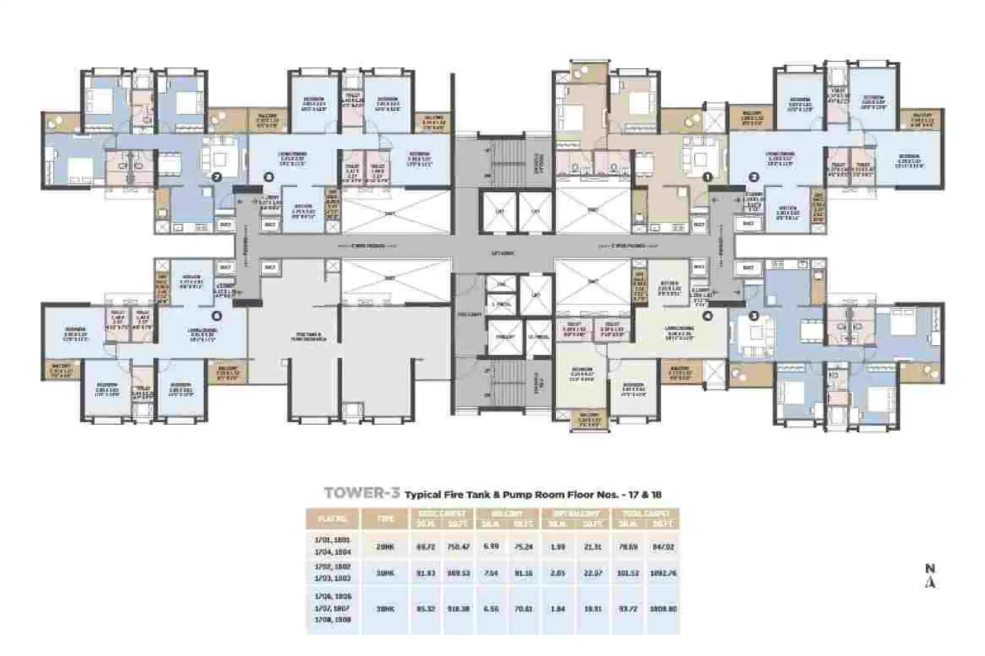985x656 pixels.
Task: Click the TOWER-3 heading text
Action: (x=362, y=493)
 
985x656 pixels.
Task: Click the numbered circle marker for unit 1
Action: (x=707, y=177)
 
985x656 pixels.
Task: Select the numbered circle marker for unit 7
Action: (x=217, y=177)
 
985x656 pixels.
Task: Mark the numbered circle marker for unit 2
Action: (x=754, y=177)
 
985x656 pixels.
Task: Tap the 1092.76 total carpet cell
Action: (x=663, y=573)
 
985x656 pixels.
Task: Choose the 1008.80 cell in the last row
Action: (x=663, y=609)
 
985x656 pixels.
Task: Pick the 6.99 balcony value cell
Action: (x=491, y=547)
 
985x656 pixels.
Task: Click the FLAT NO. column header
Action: (x=333, y=519)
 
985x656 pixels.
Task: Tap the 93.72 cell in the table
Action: (x=628, y=609)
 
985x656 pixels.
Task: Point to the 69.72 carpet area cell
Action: (x=426, y=547)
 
